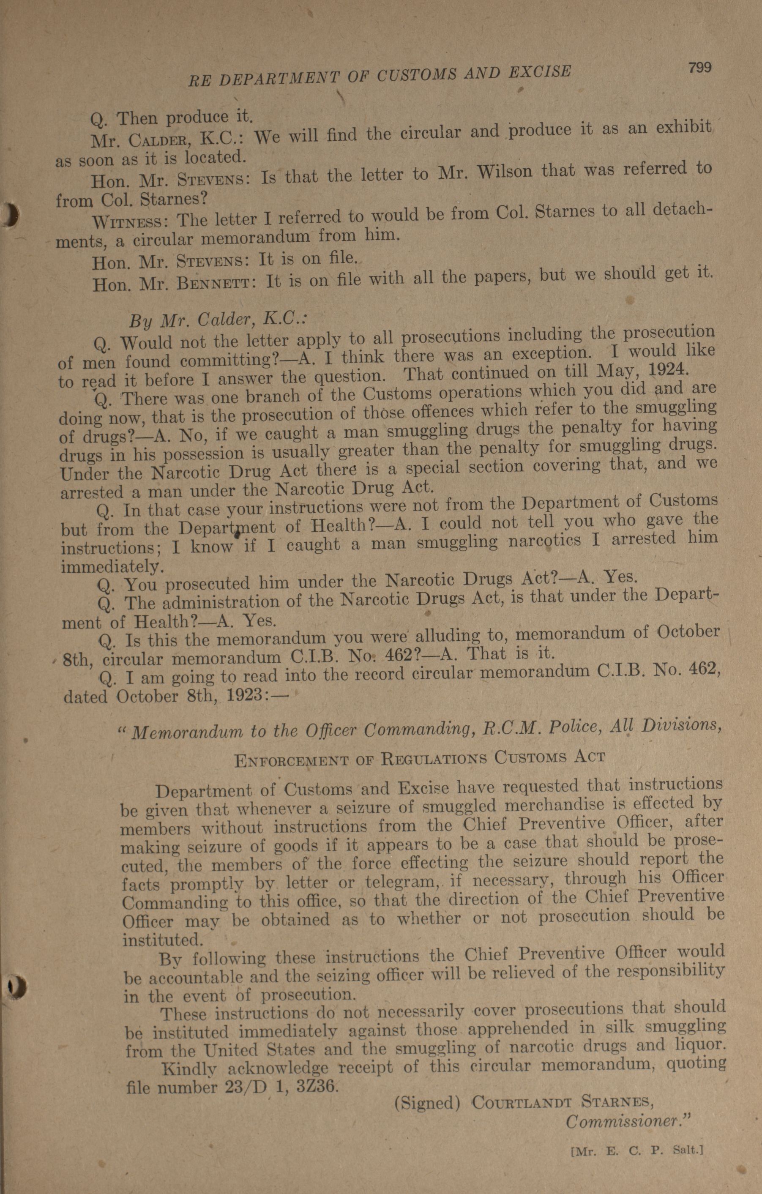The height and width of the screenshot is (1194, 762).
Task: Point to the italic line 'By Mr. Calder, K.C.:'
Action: pos(218,320)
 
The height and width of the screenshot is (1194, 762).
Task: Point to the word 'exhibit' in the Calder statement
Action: pos(684,128)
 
